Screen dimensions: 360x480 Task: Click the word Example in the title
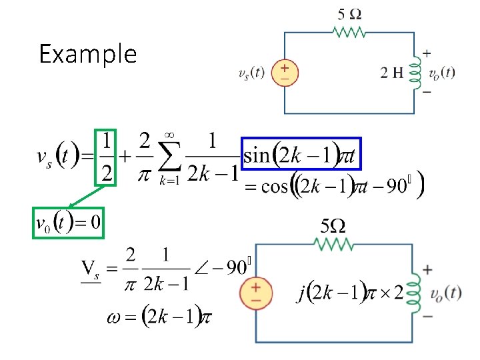87,54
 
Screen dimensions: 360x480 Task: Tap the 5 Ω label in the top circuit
351,13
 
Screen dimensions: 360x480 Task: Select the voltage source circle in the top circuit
285,73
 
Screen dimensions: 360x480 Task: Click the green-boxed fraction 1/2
106,157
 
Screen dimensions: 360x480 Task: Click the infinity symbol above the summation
169,135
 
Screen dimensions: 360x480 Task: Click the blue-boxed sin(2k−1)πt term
301,156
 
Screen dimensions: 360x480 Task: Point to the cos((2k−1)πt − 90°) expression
333,186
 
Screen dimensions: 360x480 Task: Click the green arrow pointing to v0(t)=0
83,199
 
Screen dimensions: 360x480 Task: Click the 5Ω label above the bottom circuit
333,226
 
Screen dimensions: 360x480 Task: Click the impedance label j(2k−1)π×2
350,293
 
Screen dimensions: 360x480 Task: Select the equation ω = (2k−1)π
159,317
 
